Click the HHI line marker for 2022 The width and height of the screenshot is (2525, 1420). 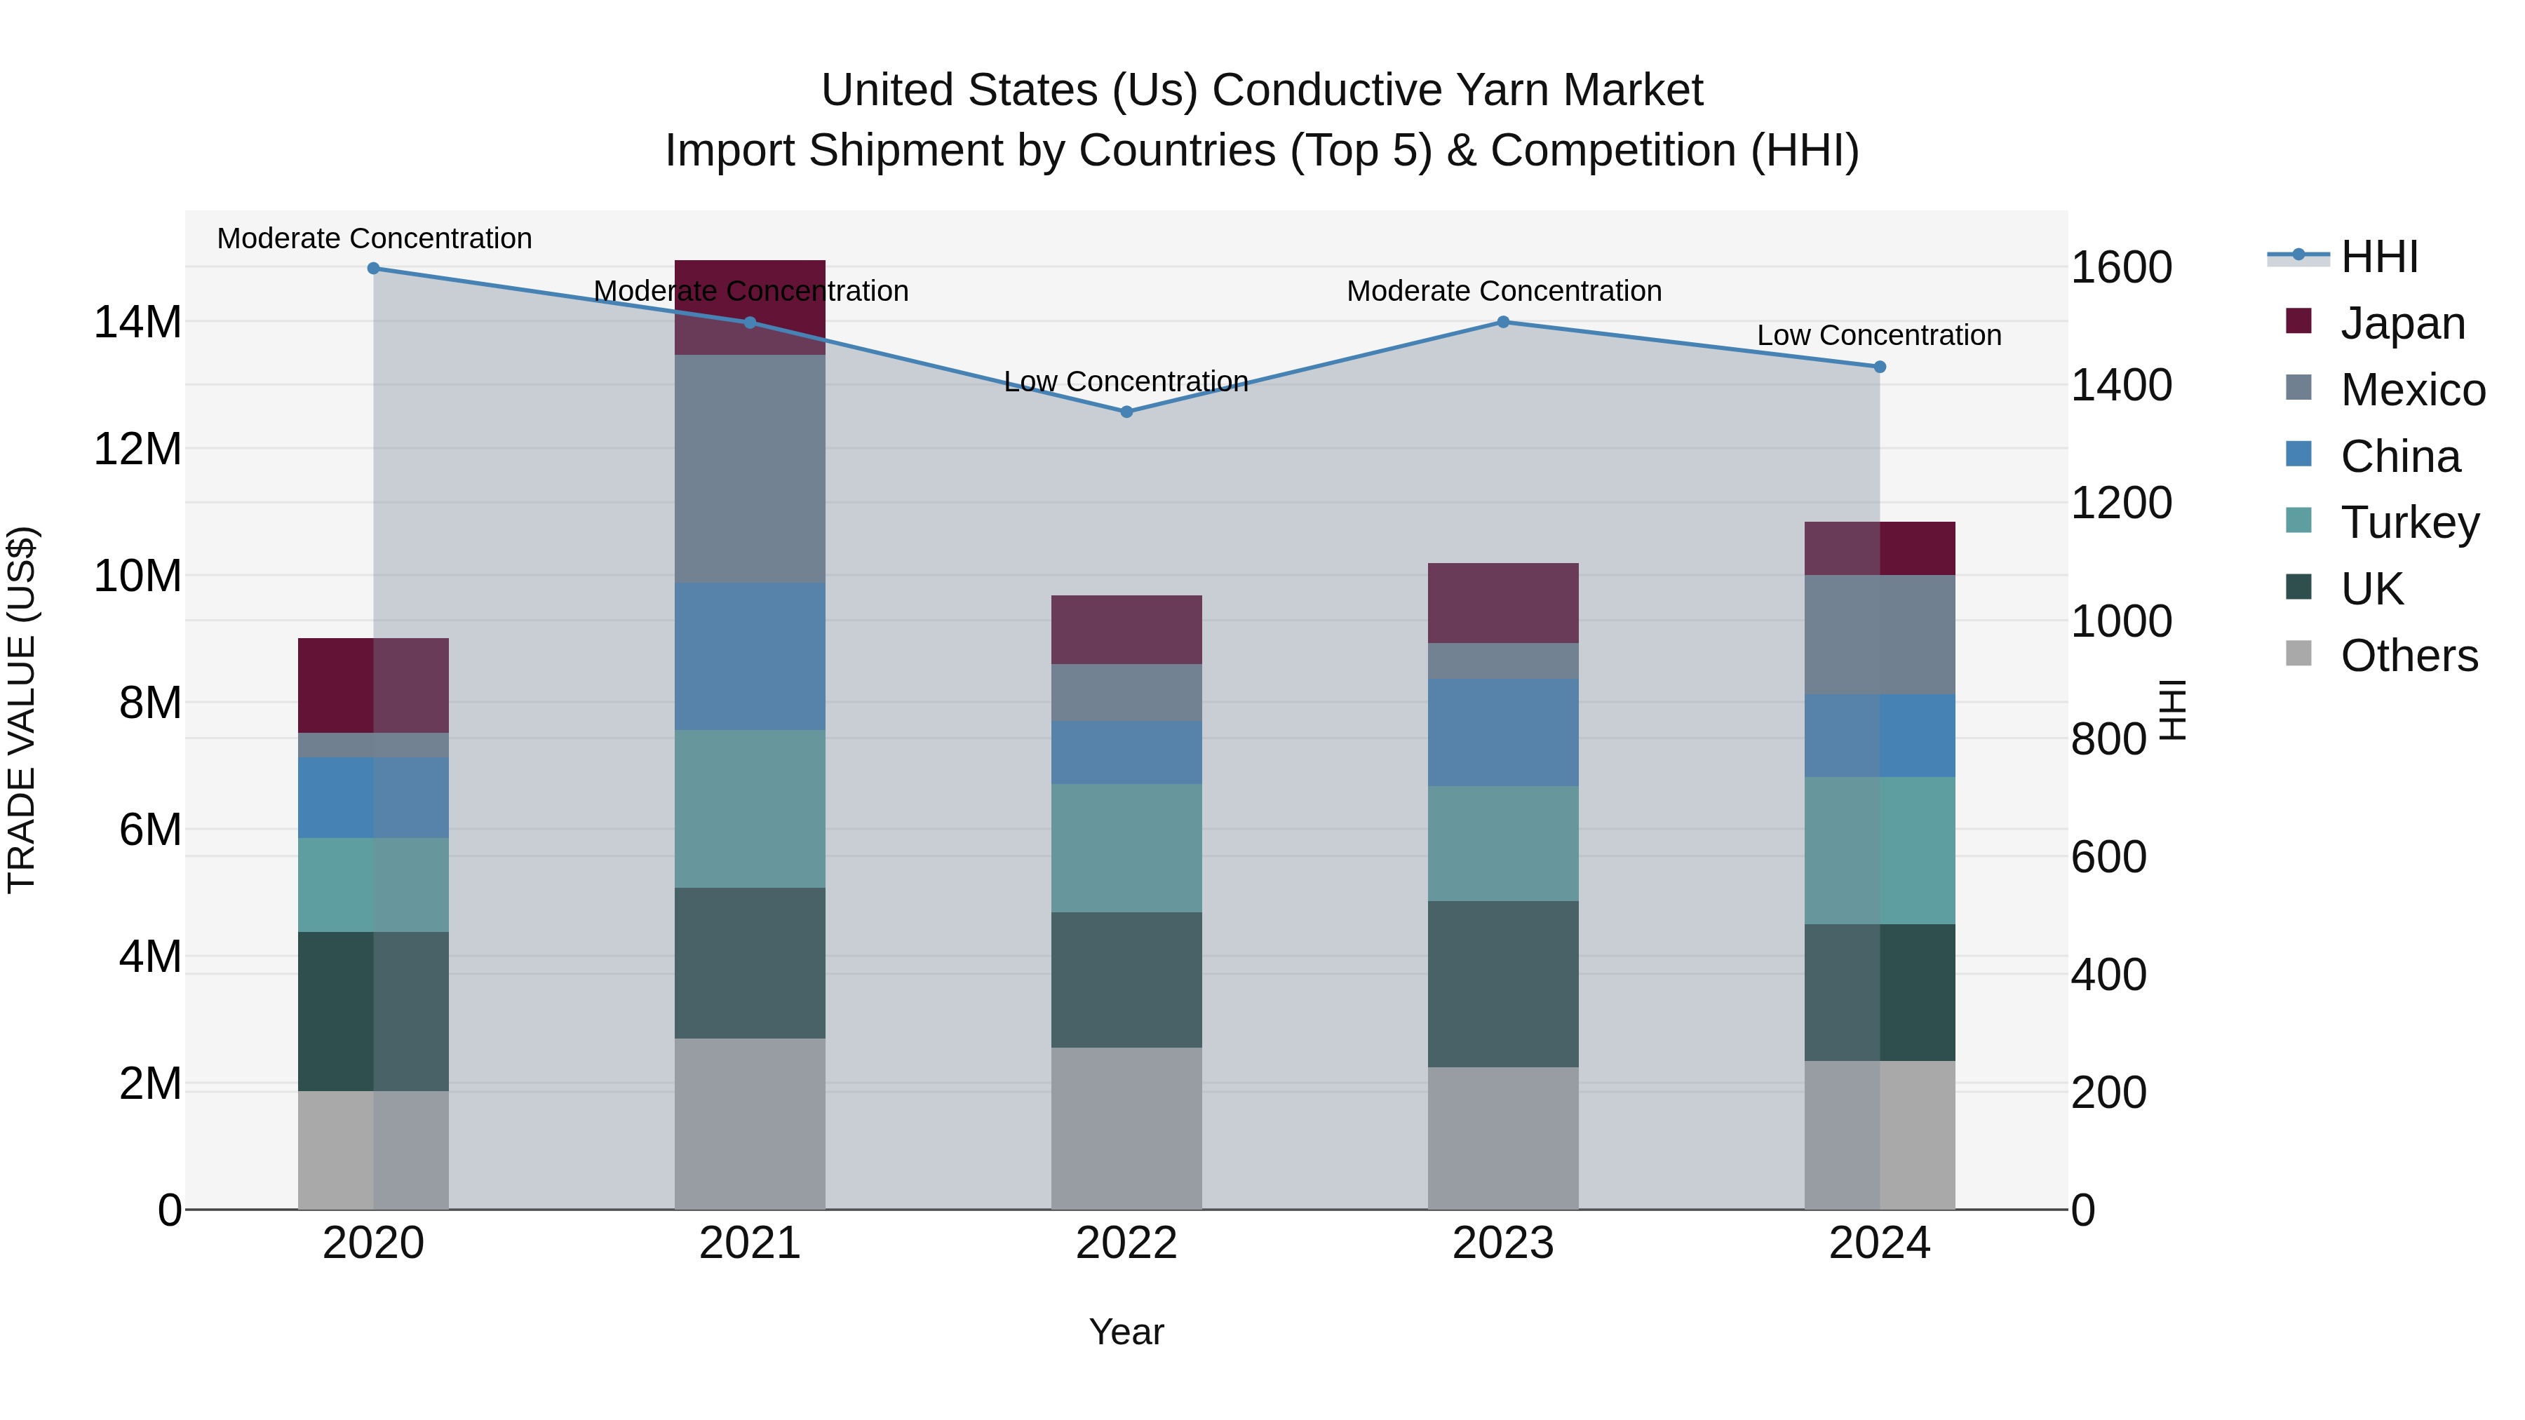point(1126,412)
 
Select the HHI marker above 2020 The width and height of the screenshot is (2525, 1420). point(373,268)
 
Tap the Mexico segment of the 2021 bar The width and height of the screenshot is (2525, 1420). point(750,468)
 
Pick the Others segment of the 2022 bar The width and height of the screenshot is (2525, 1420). point(1126,1128)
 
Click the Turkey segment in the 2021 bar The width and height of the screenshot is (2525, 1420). point(750,809)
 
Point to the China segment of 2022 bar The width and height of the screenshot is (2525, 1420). point(1126,752)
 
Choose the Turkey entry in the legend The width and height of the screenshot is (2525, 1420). point(2409,522)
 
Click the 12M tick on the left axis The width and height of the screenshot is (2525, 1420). point(137,449)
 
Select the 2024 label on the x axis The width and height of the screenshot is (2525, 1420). point(1879,1243)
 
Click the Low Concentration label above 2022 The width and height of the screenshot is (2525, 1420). point(1126,381)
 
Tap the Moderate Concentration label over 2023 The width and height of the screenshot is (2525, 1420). point(1504,291)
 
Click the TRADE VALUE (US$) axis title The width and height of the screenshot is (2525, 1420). point(22,710)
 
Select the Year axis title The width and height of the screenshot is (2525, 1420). point(1126,1332)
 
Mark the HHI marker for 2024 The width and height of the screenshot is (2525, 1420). point(1879,367)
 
